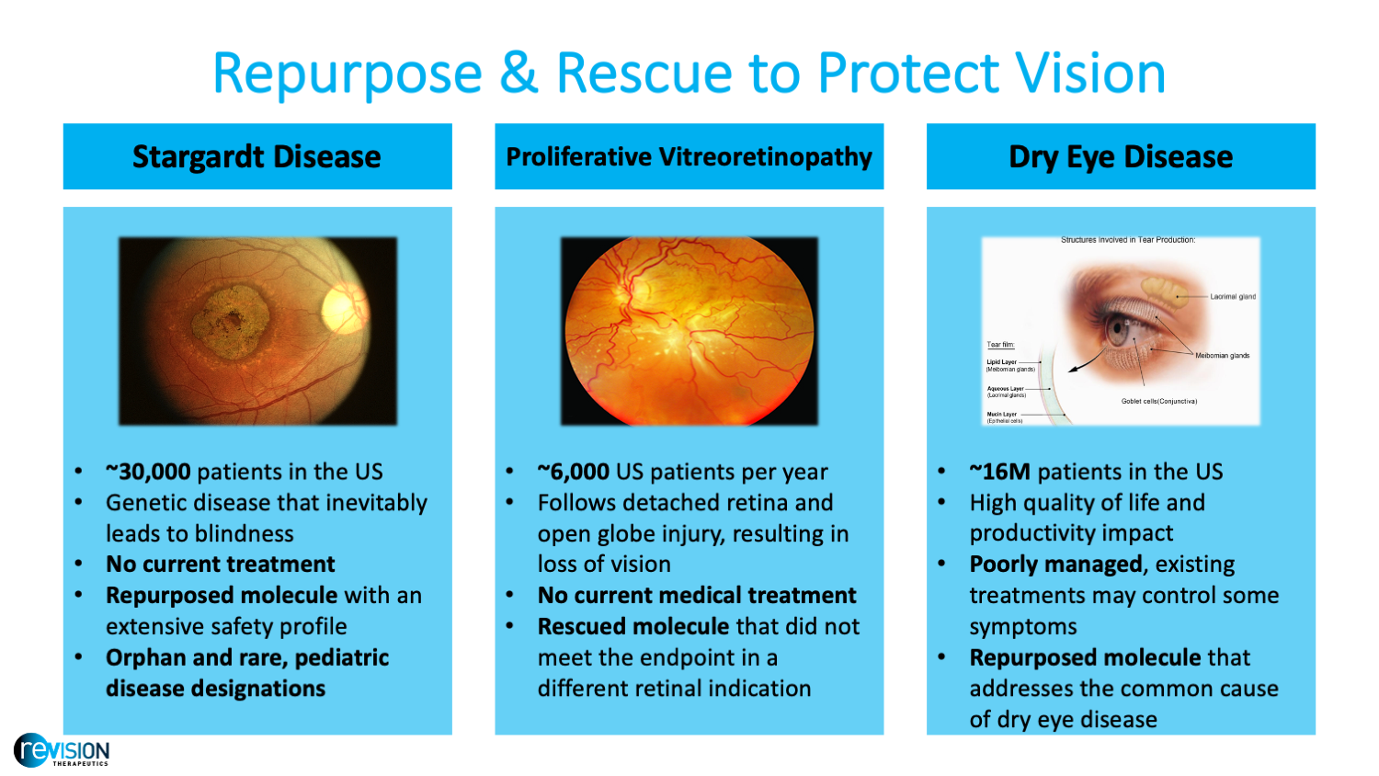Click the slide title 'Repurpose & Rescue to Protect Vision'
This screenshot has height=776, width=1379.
click(x=689, y=73)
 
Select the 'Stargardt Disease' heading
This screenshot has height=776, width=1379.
click(x=256, y=156)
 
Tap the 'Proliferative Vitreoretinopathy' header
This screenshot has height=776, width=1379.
click(x=689, y=156)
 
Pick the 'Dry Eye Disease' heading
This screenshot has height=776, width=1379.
click(x=1121, y=156)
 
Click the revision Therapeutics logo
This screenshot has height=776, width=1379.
click(x=62, y=751)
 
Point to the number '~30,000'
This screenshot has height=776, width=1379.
click(x=148, y=472)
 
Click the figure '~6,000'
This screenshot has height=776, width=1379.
click(x=574, y=472)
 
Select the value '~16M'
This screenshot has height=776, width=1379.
click(x=999, y=472)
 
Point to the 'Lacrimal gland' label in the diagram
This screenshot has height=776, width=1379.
click(x=1232, y=297)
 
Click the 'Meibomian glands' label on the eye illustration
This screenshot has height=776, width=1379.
click(x=1222, y=356)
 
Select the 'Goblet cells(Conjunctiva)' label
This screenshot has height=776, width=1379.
click(x=1158, y=402)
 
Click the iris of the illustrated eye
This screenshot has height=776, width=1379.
click(x=1116, y=332)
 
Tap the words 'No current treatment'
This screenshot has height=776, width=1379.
click(x=220, y=565)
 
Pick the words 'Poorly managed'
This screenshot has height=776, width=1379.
click(x=1055, y=565)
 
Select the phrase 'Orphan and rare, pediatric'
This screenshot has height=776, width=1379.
click(x=247, y=658)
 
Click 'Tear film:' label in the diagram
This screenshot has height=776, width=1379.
click(x=1000, y=345)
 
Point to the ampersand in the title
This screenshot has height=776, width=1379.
click(x=519, y=73)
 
